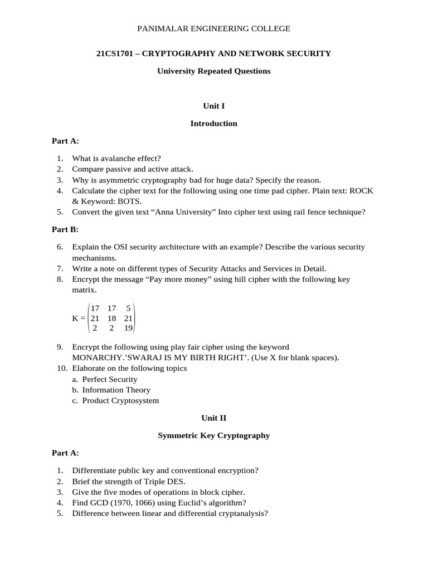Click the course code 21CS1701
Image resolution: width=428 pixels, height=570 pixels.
coord(115,53)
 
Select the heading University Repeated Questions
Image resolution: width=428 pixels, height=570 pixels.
coord(214,71)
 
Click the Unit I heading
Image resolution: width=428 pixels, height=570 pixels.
coord(214,106)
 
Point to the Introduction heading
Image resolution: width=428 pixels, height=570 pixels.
coord(214,124)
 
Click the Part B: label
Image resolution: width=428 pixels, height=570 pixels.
coord(65,229)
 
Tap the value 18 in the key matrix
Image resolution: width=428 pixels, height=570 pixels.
coord(112,318)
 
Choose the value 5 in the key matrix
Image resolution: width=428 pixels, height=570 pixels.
coord(129,307)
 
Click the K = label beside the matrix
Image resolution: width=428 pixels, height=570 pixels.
coord(80,318)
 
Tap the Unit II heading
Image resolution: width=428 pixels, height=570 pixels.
coord(214,417)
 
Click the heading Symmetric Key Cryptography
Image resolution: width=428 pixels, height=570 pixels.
coord(214,435)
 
